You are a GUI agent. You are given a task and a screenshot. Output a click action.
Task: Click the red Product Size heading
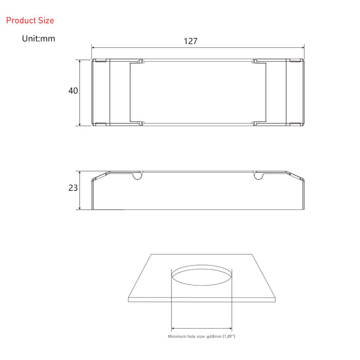point(30,20)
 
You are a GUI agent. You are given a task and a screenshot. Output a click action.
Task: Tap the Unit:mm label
point(39,38)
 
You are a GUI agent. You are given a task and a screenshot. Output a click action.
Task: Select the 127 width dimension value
point(190,41)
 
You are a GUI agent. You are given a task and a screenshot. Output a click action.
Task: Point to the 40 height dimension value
point(73,91)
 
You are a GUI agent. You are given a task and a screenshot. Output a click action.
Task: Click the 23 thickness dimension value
point(73,188)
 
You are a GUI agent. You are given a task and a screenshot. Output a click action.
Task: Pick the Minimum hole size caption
point(202,336)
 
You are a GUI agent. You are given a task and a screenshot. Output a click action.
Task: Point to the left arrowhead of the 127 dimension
point(93,48)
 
